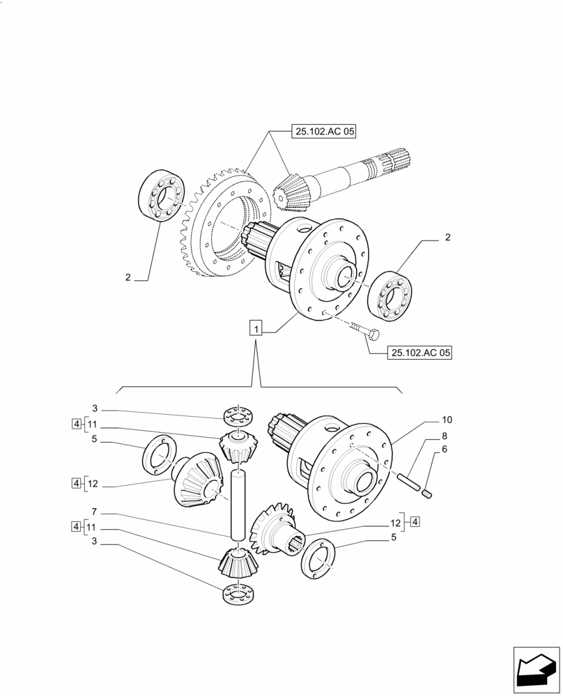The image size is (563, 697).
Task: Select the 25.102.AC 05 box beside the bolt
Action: click(419, 353)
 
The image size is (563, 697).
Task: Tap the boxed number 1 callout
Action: click(257, 328)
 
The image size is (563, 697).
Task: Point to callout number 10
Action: click(447, 420)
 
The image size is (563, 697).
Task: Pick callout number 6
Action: click(443, 450)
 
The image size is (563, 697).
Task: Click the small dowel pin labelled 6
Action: click(428, 494)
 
